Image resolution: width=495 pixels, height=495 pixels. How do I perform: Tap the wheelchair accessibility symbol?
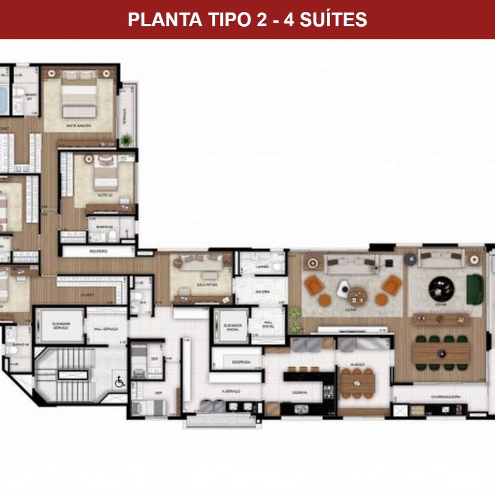[119, 381]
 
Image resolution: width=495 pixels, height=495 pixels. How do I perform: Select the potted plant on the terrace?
[127, 140]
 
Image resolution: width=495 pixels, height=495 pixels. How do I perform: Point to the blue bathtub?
[2, 99]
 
